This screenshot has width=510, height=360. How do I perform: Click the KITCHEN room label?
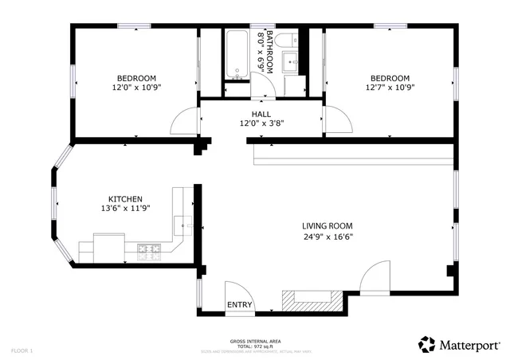126,198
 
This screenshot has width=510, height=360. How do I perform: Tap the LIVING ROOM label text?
328,225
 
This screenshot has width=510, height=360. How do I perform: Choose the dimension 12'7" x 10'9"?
390,88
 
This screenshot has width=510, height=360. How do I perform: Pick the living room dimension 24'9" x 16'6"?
328,237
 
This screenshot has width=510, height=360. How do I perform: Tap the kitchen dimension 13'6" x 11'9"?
126,209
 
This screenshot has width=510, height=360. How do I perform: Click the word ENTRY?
240,305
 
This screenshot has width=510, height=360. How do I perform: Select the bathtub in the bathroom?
237,55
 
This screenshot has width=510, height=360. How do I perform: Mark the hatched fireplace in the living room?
311,301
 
